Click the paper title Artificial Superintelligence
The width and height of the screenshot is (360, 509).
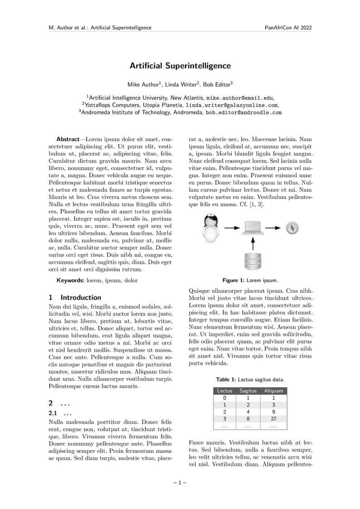180,66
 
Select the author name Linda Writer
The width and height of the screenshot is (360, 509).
181,84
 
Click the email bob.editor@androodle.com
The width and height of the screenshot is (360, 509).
243,112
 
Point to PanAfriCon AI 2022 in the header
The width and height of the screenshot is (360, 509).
288,28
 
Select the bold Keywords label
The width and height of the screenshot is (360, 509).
70,281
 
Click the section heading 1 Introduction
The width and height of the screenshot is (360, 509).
75,298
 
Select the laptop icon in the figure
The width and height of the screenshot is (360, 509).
253,228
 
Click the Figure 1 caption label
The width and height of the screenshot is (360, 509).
234,280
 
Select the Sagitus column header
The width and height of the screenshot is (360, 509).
248,390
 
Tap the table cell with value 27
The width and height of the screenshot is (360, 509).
273,419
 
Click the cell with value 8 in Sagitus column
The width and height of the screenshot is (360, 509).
248,419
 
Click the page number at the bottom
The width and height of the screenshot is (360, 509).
180,483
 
